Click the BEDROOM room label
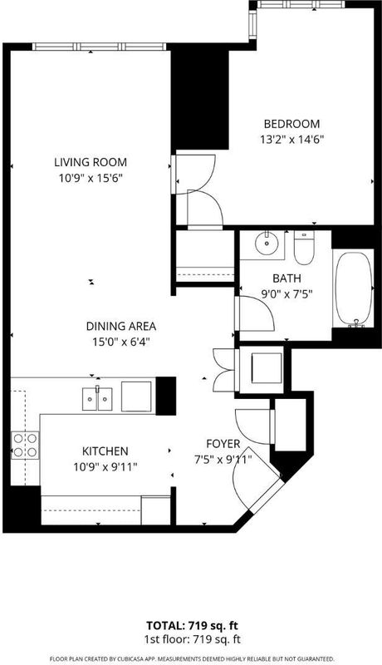[x=291, y=124]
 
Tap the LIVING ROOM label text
[x=91, y=162]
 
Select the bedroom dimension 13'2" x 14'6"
[x=291, y=139]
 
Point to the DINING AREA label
[x=121, y=326]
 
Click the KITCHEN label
[x=105, y=451]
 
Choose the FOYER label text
[x=223, y=444]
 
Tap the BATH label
[x=286, y=278]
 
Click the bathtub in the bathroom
[x=354, y=290]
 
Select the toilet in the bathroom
[x=304, y=248]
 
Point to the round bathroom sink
[x=267, y=243]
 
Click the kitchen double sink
[x=97, y=399]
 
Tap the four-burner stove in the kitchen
[x=25, y=446]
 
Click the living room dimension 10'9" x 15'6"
[x=91, y=178]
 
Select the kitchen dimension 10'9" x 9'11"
[x=105, y=467]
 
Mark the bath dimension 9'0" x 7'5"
[x=286, y=294]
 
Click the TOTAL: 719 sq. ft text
[x=192, y=626]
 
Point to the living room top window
[x=99, y=47]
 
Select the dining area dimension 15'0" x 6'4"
[x=121, y=342]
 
